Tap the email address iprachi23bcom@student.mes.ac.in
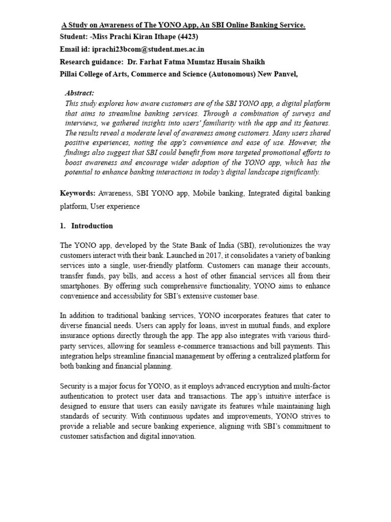148,49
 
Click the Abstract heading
79,93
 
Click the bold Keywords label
77,193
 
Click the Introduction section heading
92,226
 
